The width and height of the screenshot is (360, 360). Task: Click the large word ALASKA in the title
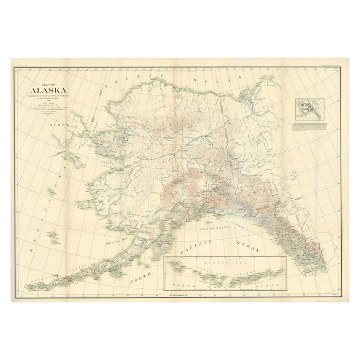(x=48, y=90)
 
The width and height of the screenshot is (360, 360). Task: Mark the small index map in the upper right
(x=309, y=109)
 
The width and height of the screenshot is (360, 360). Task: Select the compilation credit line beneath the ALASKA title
(x=48, y=97)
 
